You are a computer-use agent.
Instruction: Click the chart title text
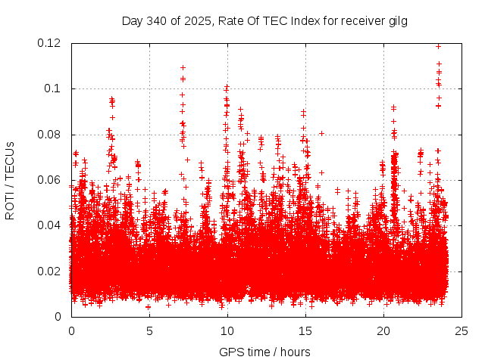(x=264, y=21)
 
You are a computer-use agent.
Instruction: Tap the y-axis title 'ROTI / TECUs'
(x=10, y=180)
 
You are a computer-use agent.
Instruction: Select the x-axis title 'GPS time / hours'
(x=264, y=352)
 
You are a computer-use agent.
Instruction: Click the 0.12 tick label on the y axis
(x=51, y=43)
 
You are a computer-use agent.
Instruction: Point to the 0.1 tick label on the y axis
(x=54, y=88)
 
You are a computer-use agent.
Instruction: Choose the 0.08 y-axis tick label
(x=51, y=135)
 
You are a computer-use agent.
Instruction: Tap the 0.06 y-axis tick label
(x=51, y=180)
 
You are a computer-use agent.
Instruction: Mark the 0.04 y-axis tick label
(x=51, y=225)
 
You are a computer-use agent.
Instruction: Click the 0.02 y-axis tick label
(x=51, y=271)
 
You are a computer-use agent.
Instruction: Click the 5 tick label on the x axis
(x=149, y=330)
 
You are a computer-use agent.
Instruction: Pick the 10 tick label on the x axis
(x=227, y=330)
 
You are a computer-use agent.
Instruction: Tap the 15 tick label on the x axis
(x=305, y=330)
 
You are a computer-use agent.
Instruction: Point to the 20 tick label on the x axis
(x=383, y=330)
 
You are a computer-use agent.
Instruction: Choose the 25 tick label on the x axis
(x=462, y=330)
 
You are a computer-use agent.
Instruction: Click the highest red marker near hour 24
(x=439, y=46)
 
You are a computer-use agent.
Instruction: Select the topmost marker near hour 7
(x=183, y=67)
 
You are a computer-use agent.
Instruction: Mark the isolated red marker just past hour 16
(x=322, y=133)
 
